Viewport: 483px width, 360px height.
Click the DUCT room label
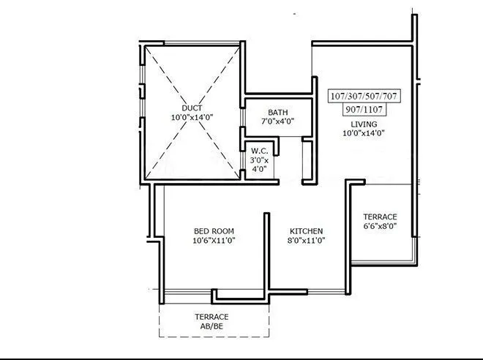[x=192, y=108]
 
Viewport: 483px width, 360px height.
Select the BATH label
[x=277, y=112]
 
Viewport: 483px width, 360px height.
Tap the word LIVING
[x=363, y=124]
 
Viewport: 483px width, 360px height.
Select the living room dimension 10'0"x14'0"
[x=363, y=133]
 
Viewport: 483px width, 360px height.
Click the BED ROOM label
[x=214, y=230]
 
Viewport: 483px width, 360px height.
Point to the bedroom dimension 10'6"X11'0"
[x=214, y=240]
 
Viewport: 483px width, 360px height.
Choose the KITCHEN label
[x=306, y=230]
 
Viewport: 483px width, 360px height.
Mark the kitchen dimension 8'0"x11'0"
[x=306, y=240]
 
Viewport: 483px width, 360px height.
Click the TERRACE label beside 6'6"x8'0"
[x=380, y=217]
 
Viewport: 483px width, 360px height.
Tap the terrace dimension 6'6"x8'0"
[x=380, y=227]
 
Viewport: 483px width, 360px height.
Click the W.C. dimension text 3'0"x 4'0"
[x=258, y=165]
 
